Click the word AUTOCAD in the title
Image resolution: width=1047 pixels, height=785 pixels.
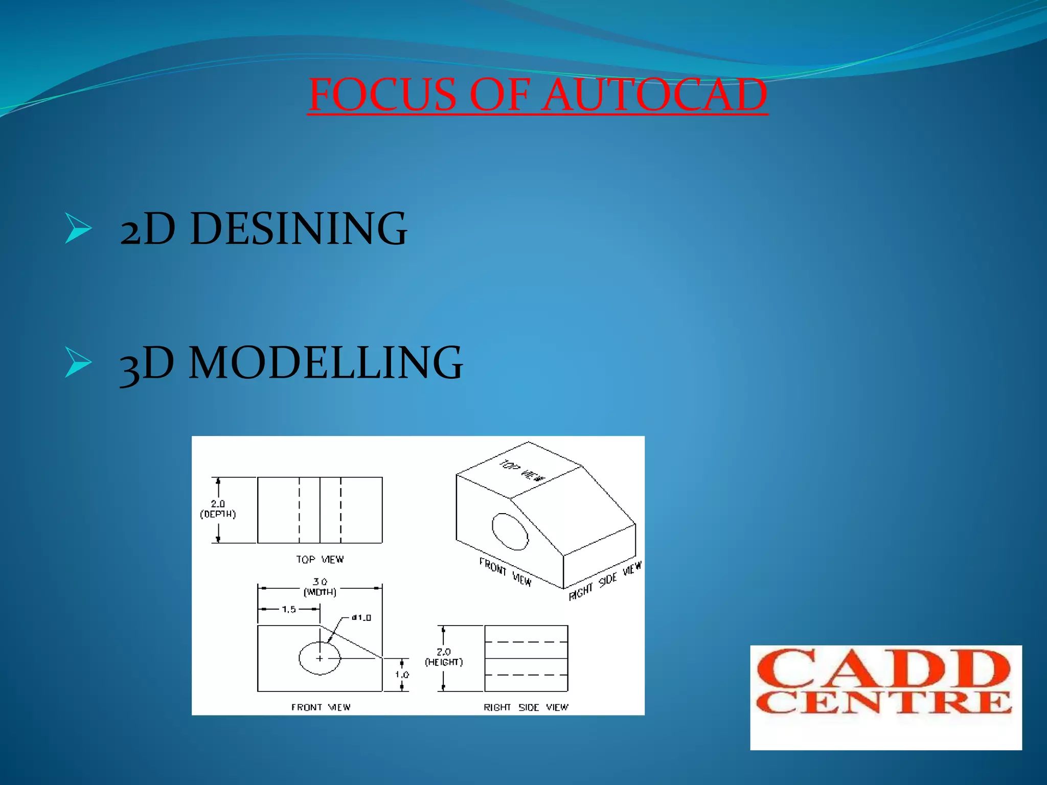tap(654, 95)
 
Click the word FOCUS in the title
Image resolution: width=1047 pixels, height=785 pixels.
tap(382, 95)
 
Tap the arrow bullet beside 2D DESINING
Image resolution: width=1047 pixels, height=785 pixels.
tap(78, 229)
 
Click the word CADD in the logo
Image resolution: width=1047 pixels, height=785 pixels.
tap(884, 668)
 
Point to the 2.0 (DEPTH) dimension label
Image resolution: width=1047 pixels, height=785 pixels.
tap(218, 509)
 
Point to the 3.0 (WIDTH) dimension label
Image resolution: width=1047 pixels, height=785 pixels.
tap(320, 587)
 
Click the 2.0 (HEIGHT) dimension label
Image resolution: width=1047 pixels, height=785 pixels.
tap(444, 657)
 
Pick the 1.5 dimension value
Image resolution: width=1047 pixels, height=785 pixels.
tap(289, 609)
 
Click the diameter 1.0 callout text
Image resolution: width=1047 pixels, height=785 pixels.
tap(362, 617)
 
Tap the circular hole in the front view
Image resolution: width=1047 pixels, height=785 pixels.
tap(320, 658)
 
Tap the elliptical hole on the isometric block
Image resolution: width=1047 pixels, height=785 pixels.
tap(510, 532)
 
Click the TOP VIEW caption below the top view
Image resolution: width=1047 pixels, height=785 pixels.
tap(320, 560)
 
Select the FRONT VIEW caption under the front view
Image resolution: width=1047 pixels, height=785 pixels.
tap(321, 707)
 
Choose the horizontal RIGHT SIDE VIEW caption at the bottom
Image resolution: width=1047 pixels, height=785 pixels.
tap(526, 707)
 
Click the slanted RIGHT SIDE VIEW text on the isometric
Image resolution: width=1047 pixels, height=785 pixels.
tap(605, 582)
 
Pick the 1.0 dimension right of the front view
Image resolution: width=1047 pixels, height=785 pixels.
tap(402, 675)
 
